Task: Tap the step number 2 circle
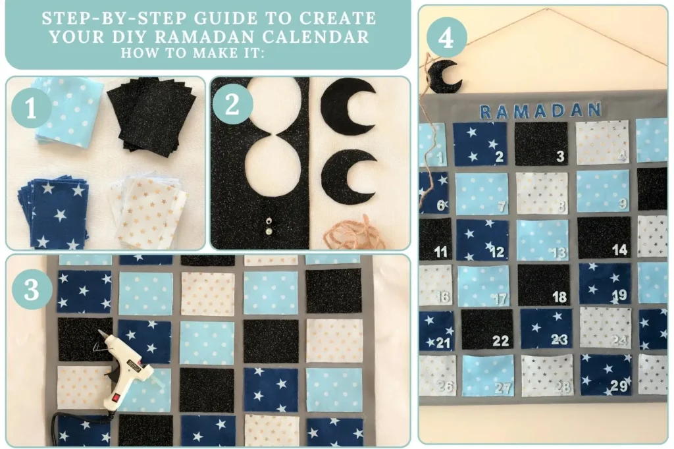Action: [x=232, y=106]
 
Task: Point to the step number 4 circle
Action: [x=446, y=38]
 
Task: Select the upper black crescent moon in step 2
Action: [x=348, y=107]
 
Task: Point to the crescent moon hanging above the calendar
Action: [x=442, y=76]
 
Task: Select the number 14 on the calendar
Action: [x=619, y=250]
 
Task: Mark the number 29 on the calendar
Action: [x=619, y=386]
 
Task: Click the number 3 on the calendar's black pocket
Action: [x=560, y=157]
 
